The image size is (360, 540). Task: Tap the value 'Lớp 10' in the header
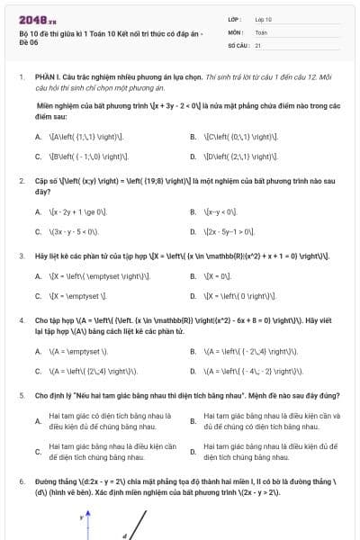click(264, 18)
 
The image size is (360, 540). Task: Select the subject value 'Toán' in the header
click(261, 31)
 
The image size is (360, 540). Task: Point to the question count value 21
click(258, 44)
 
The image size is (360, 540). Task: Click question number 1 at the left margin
click(21, 77)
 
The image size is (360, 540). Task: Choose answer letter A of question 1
click(38, 137)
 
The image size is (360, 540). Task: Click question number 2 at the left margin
click(21, 180)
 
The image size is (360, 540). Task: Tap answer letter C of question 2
click(38, 230)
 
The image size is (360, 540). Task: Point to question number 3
click(21, 256)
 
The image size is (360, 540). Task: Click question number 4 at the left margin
click(21, 319)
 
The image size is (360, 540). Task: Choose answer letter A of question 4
click(38, 352)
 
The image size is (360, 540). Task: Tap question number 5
click(21, 394)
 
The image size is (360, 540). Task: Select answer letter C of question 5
click(38, 452)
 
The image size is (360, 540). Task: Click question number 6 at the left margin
click(21, 481)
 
